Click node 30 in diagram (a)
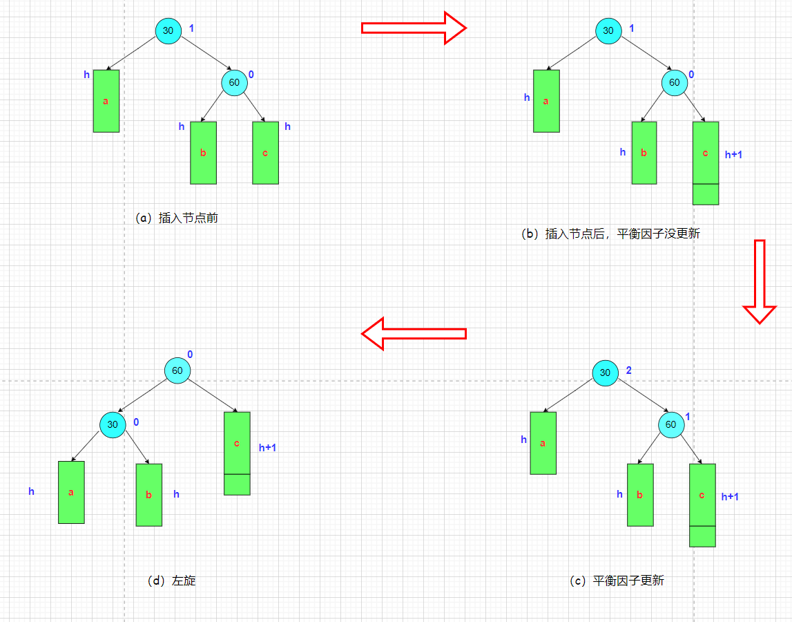coord(168,30)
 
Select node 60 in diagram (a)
coord(234,82)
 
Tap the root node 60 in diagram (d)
coord(177,370)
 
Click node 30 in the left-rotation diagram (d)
coord(112,424)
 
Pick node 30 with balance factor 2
coord(606,373)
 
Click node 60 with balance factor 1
coord(670,424)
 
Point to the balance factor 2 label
coord(628,370)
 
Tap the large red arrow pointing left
coord(414,334)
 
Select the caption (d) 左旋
coord(172,581)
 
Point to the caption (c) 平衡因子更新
coord(617,581)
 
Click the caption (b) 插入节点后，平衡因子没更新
coord(610,234)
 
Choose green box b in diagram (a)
coord(203,153)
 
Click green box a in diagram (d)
coord(71,492)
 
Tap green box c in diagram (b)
coord(706,162)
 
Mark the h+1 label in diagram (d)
coord(267,448)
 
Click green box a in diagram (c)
coord(543,443)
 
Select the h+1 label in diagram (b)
coord(733,155)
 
